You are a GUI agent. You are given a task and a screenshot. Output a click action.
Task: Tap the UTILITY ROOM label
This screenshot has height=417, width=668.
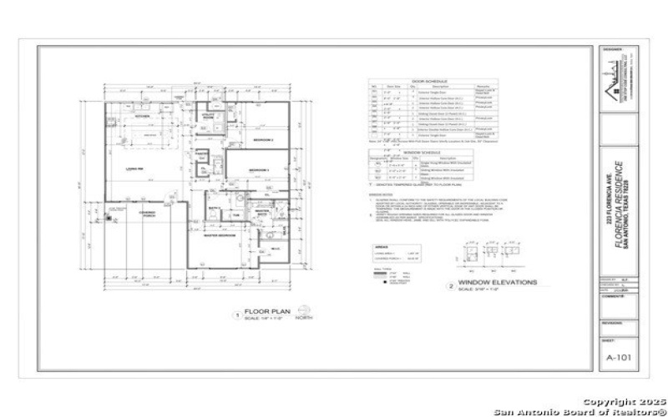coord(210,118)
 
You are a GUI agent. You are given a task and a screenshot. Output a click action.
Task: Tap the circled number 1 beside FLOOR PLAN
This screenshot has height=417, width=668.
coord(237,314)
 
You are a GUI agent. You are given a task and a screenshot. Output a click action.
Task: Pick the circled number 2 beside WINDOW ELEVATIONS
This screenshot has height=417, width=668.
coord(451,286)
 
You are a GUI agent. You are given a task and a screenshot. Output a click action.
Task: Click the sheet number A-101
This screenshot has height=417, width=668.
coord(618,355)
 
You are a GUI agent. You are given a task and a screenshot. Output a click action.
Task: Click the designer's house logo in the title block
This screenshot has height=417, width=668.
coord(618,79)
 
